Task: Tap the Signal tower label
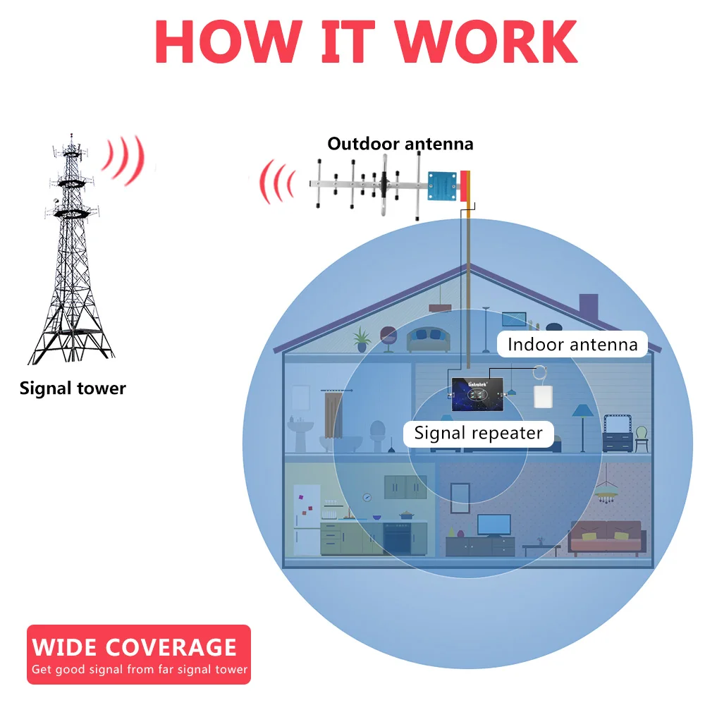pos(73,388)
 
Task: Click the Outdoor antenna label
pos(400,145)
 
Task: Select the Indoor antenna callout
pos(572,345)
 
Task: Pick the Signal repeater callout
pos(478,433)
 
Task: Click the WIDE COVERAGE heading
pos(134,646)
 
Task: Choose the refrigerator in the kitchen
pos(307,520)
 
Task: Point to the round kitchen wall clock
pos(367,496)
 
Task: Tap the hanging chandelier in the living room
pos(605,493)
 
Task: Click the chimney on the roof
pos(588,309)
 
